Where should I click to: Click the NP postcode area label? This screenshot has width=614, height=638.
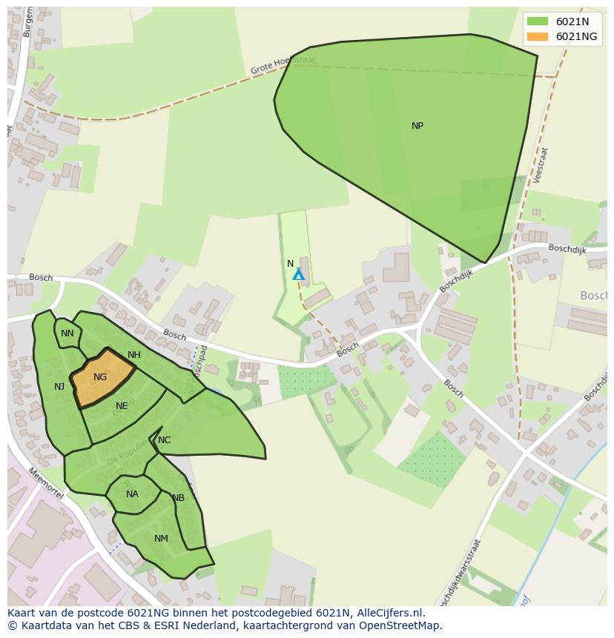[x=417, y=126]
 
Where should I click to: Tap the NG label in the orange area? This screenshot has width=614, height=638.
[x=100, y=377]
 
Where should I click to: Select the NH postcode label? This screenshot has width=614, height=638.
[x=134, y=355]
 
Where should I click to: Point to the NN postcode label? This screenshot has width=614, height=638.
[x=67, y=333]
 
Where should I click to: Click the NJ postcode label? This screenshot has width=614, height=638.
[x=59, y=386]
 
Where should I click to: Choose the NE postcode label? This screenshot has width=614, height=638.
[x=122, y=406]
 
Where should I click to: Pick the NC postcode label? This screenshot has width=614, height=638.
[x=165, y=440]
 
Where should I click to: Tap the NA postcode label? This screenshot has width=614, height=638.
[x=132, y=494]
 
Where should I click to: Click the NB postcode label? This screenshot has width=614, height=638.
[x=178, y=498]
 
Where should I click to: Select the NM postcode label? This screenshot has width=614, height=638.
[x=161, y=539]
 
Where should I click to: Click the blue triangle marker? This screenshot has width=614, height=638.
[x=298, y=275]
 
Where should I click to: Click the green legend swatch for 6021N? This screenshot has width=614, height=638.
[x=538, y=21]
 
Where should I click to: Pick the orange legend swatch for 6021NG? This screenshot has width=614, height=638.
[x=538, y=36]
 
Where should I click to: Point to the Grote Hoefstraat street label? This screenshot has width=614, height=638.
[x=283, y=65]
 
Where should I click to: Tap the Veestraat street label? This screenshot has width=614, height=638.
[x=540, y=165]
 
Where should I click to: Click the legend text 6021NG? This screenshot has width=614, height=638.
[x=576, y=36]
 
